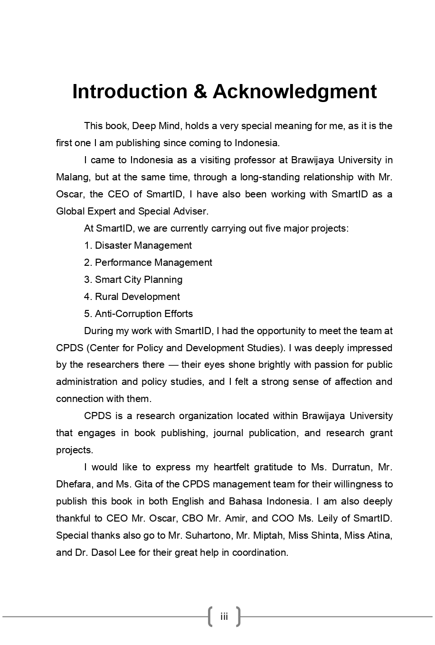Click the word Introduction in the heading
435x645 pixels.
(130, 92)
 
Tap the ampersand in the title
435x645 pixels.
(200, 92)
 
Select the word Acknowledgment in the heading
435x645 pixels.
(294, 92)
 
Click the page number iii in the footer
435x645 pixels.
(224, 617)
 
